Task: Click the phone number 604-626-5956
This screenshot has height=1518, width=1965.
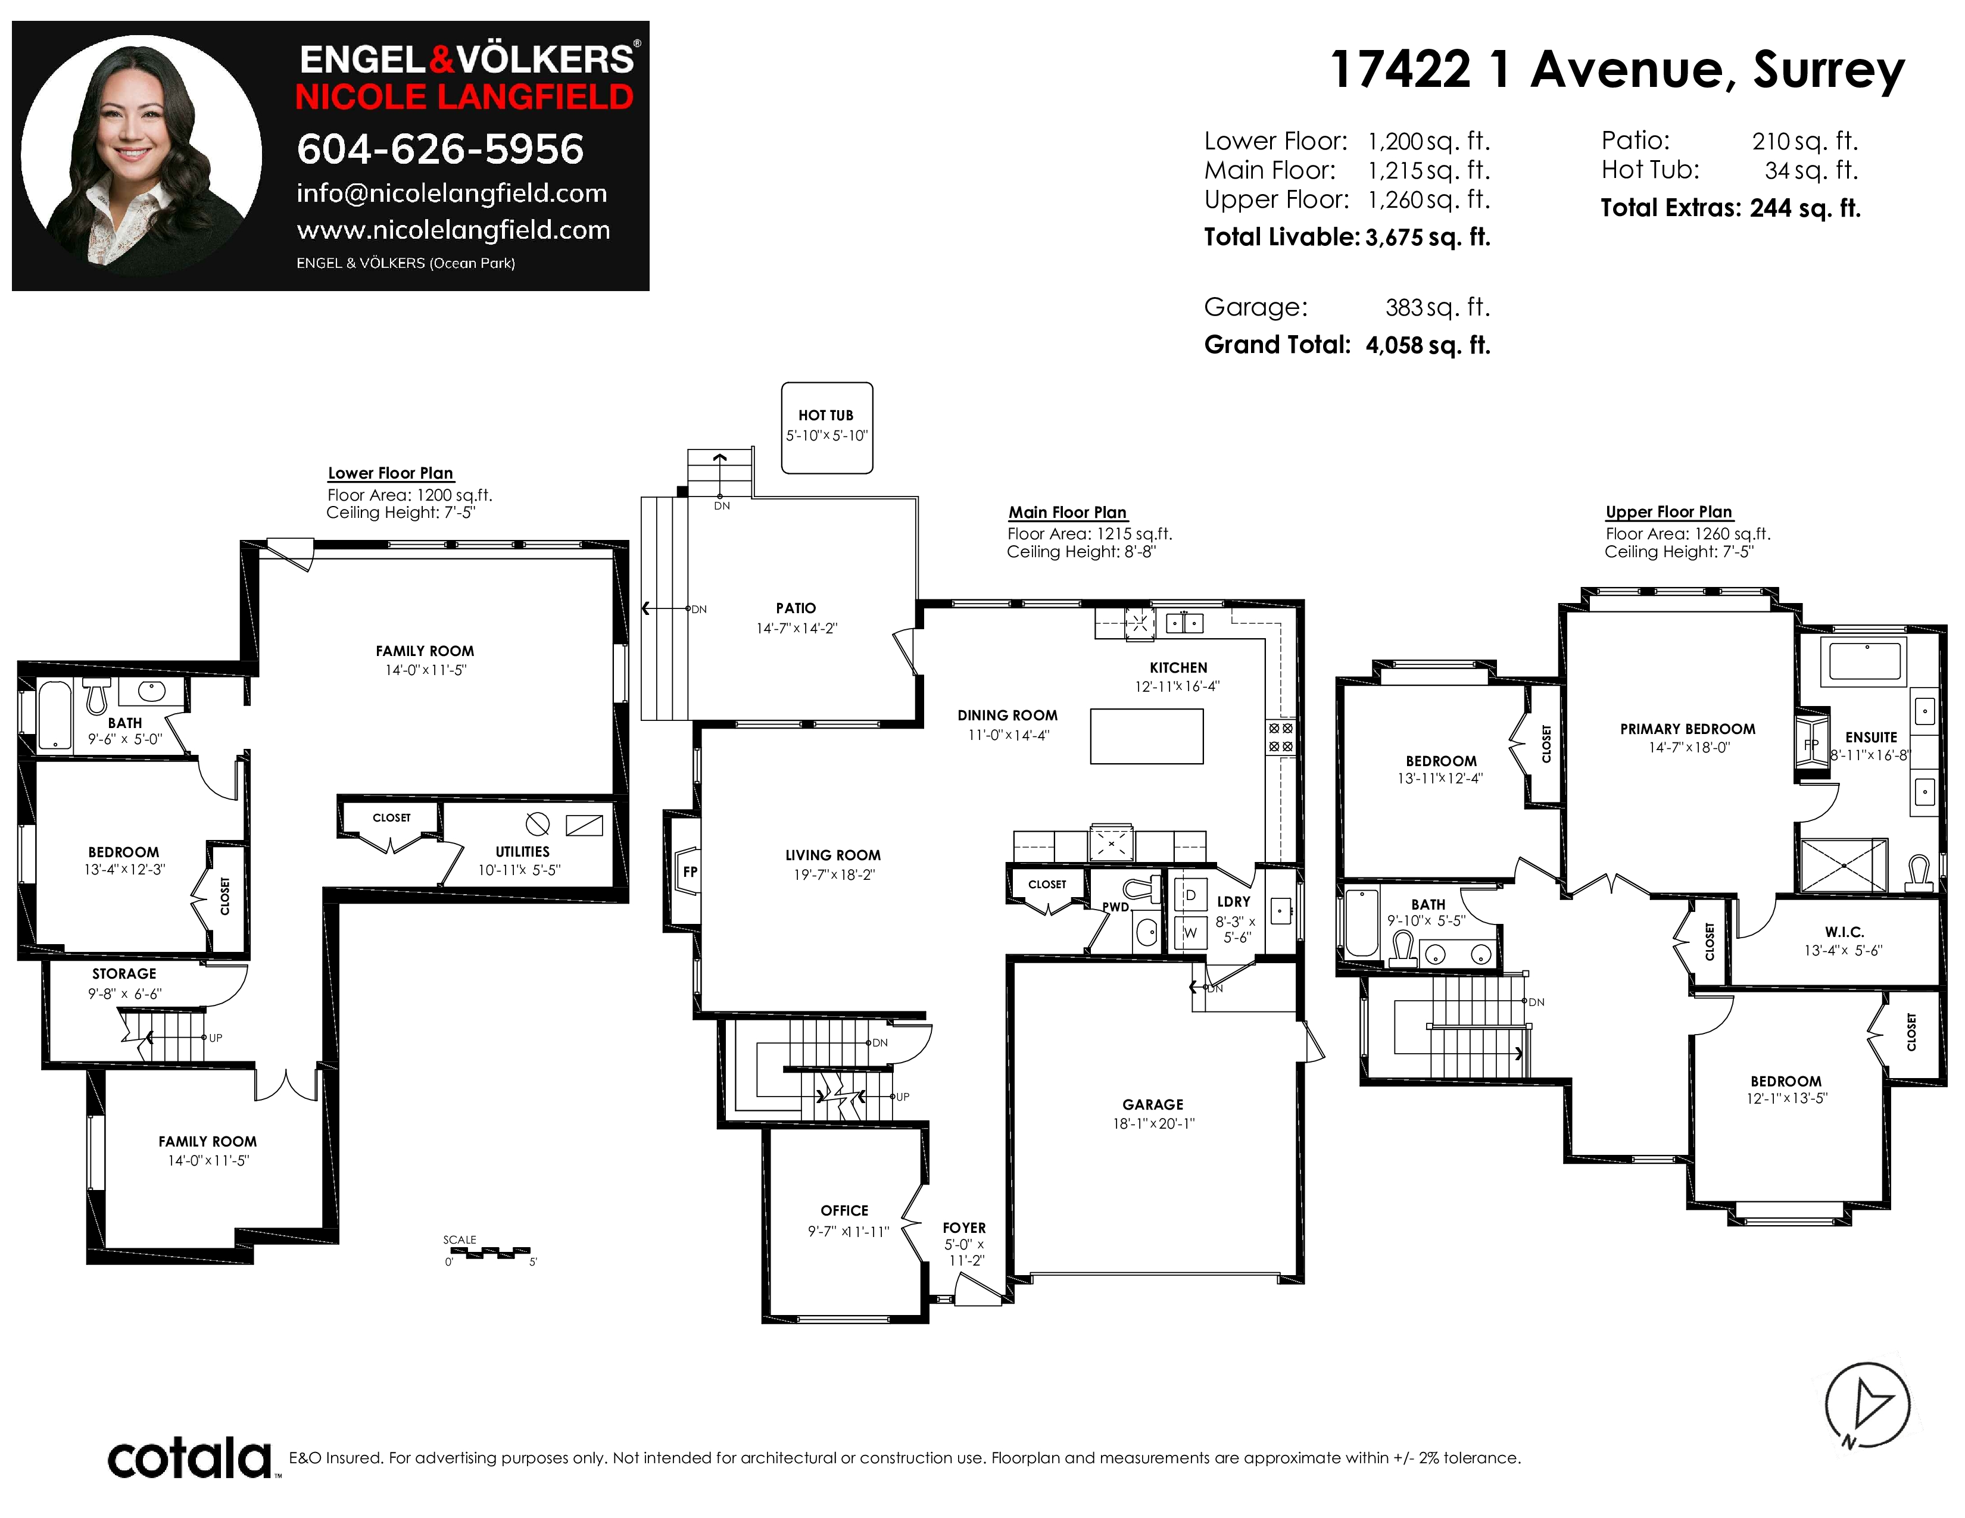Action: (x=440, y=149)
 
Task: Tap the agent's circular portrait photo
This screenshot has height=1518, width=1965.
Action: (x=141, y=155)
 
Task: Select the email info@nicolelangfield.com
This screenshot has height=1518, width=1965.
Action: (x=452, y=193)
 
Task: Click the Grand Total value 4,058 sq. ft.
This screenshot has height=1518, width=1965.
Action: (x=1428, y=345)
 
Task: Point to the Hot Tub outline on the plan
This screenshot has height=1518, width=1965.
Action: (x=827, y=428)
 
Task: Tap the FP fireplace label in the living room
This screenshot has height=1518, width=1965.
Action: (x=690, y=872)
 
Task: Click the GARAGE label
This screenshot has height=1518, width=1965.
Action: (x=1153, y=1104)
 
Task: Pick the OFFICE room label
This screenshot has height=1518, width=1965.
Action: (x=844, y=1210)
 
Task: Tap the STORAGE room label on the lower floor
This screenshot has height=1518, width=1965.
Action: (x=124, y=974)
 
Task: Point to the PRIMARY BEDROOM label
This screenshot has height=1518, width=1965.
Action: (x=1688, y=729)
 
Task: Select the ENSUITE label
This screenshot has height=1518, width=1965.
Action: (x=1872, y=738)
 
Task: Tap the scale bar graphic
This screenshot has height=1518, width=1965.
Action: (x=488, y=1252)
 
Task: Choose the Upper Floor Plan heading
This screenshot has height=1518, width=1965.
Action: (x=1669, y=512)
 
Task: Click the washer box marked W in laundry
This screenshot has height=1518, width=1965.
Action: (x=1190, y=933)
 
